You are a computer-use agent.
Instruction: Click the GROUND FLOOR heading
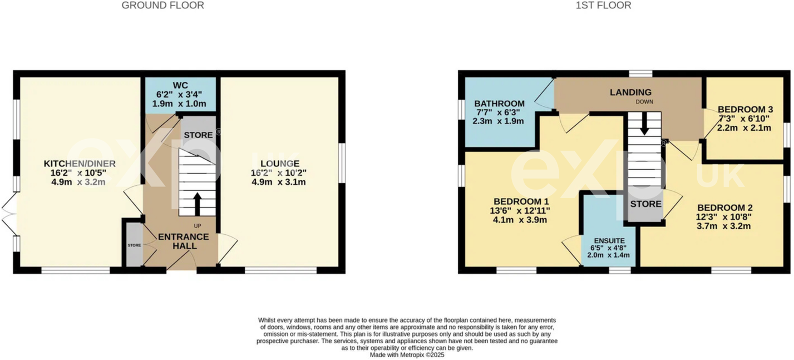162,6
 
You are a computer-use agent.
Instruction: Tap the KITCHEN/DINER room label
80,164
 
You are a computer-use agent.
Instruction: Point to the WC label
180,85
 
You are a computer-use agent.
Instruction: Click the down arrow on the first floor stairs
644,124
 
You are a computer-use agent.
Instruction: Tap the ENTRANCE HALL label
183,241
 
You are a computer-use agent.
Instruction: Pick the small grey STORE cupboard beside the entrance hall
134,245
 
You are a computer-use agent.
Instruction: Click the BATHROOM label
499,103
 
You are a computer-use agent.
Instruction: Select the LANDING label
630,92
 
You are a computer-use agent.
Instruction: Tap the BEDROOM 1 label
521,201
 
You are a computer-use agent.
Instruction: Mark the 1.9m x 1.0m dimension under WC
180,103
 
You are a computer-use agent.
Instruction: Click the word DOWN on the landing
645,102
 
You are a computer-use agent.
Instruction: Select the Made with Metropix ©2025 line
407,354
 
